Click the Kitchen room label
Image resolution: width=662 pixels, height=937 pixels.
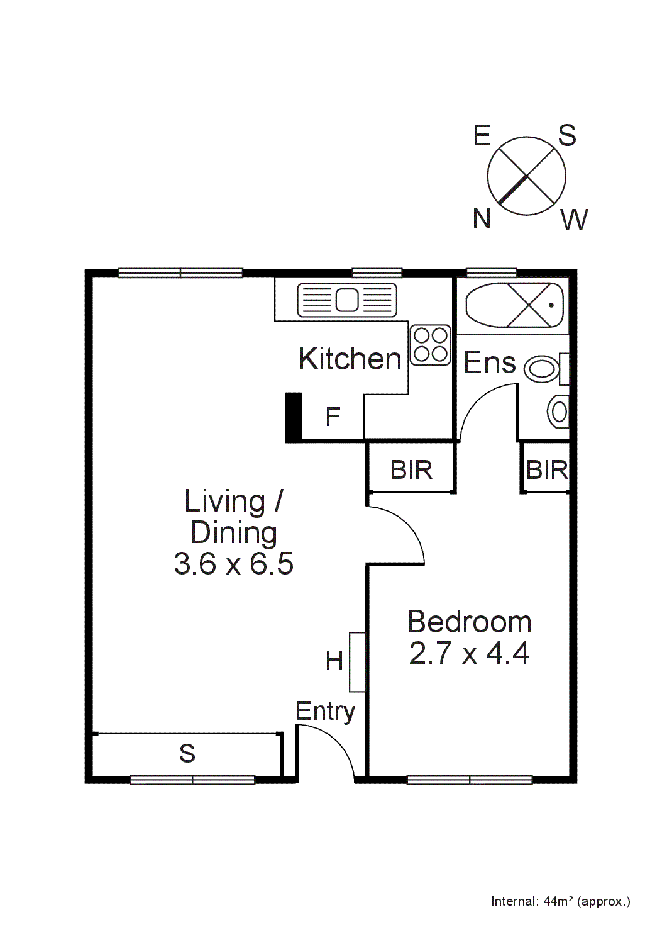pos(350,359)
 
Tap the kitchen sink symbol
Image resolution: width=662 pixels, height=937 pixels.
pos(347,300)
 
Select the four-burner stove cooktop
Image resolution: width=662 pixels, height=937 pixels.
pos(431,345)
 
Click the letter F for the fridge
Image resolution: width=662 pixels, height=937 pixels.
pos(333,417)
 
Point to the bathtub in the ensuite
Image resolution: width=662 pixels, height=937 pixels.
pos(515,305)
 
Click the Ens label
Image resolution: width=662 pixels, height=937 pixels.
pos(489,363)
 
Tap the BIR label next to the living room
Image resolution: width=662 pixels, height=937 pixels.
pos(411,470)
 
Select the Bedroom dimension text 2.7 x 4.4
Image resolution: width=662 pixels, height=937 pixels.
pos(469,653)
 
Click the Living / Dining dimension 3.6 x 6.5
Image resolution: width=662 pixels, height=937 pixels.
pos(233,563)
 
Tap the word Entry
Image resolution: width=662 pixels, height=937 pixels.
pos(325,712)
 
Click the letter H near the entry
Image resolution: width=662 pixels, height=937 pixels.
pos(334,661)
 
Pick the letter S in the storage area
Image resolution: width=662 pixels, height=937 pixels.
pos(187,753)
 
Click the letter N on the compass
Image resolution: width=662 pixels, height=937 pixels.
pos(482,219)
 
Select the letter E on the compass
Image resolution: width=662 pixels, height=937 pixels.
pos(482,135)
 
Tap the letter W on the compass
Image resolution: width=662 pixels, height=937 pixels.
pos(574,220)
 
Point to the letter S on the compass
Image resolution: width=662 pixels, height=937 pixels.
pos(567,135)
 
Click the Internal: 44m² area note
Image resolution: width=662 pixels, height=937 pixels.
pos(560,901)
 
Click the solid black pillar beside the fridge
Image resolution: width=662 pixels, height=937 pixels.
pos(294,417)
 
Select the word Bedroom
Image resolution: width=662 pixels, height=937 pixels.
pos(469,622)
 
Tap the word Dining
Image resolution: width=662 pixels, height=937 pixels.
pos(233,533)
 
